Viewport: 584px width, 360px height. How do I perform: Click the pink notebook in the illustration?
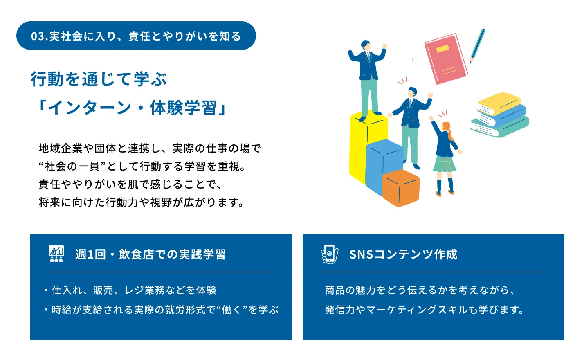446,59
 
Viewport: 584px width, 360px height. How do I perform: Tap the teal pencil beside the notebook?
478,45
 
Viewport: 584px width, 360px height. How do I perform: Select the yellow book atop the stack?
499,104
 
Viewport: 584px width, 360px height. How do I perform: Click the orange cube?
401,188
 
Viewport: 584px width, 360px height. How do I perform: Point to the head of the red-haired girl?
447,128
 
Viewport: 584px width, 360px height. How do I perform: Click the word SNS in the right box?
361,254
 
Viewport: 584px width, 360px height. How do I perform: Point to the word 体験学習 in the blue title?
183,108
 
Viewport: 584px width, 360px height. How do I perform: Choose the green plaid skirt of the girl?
444,164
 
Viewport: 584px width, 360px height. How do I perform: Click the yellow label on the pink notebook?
442,49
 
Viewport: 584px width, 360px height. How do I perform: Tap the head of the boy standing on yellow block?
366,46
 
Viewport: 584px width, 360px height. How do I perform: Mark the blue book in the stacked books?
502,115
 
